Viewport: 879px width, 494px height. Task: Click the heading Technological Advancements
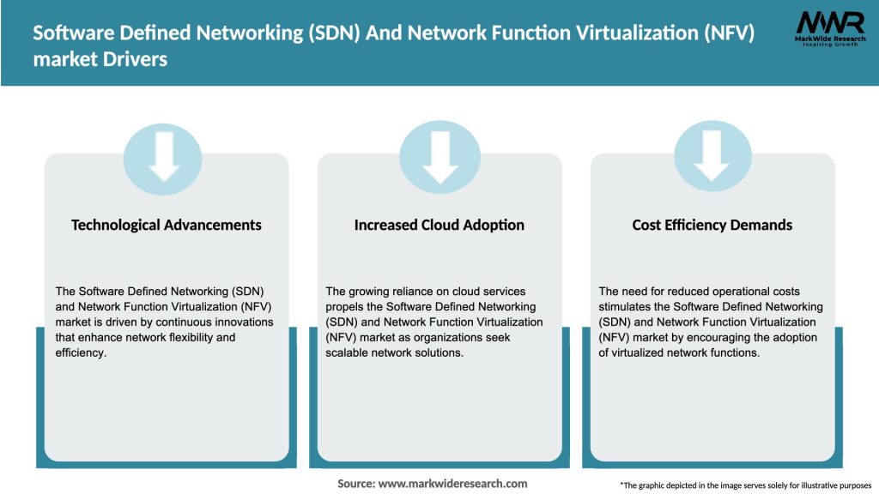(x=167, y=225)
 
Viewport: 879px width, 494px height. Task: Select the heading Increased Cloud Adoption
(x=439, y=225)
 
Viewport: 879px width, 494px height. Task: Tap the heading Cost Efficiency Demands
(x=712, y=225)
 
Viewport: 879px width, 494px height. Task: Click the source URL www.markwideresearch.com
(x=452, y=484)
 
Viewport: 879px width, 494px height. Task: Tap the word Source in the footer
(x=355, y=484)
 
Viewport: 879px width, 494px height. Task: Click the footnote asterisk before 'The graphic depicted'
(x=621, y=485)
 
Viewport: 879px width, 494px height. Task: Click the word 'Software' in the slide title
(x=71, y=34)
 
